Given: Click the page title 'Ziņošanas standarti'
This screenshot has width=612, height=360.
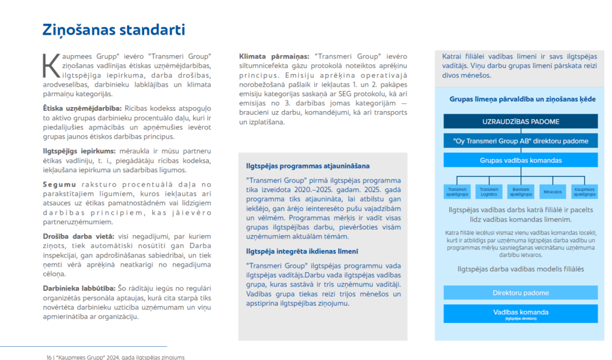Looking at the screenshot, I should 113,30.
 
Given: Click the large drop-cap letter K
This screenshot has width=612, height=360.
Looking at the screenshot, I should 51,65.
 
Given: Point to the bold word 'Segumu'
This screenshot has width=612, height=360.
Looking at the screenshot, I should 59,184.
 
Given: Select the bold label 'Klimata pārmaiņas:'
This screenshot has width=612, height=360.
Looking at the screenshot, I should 275,56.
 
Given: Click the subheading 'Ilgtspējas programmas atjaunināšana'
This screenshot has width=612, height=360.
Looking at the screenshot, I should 308,166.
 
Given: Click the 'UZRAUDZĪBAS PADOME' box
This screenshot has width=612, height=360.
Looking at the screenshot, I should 521,121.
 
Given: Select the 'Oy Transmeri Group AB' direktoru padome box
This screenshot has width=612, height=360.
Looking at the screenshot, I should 521,141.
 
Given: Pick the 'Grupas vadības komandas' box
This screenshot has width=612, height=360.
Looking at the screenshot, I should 521,160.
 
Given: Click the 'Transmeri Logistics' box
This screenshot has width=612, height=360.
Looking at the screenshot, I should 489,191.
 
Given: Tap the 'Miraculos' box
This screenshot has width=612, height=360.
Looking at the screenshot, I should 553,191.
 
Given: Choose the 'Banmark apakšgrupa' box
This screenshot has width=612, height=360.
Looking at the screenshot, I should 521,191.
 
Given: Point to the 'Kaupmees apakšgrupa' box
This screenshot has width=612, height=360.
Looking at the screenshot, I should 584,191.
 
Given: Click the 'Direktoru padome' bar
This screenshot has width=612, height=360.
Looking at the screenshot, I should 521,293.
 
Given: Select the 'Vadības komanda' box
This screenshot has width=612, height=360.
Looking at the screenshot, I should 521,313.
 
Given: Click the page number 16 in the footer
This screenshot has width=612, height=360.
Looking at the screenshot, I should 48,357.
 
